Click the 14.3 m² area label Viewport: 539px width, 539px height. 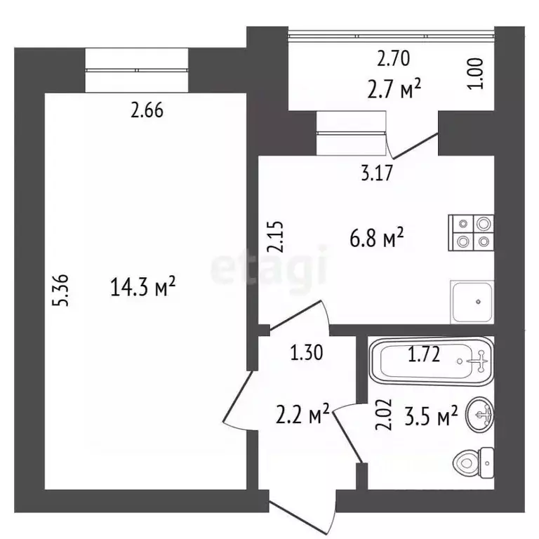[143, 286]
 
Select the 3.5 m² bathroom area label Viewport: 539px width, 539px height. [432, 415]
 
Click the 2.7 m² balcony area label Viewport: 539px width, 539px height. [394, 88]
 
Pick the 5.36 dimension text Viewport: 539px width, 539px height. [60, 290]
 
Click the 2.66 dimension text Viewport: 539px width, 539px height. [147, 111]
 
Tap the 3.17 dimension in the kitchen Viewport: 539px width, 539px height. [377, 173]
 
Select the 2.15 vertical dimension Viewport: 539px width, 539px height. [276, 237]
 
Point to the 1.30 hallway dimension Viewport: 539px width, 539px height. [307, 353]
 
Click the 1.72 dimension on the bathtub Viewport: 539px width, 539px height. [424, 354]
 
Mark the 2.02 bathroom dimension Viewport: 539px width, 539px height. [384, 414]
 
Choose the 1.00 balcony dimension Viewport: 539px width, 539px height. [476, 74]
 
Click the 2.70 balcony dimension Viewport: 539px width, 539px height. [394, 58]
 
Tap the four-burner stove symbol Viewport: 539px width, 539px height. [471, 233]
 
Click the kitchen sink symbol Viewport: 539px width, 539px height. [472, 302]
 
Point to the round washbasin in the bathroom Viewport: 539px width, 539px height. [479, 414]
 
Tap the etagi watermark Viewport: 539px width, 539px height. [269, 269]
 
